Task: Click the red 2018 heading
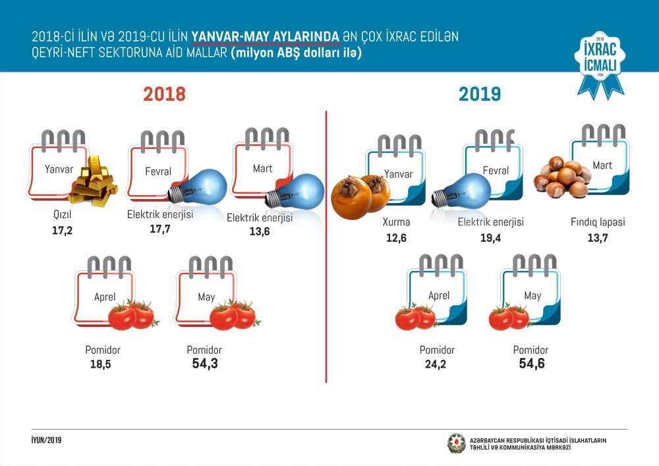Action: click(x=165, y=94)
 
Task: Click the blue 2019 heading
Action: click(x=480, y=94)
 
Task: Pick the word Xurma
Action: click(x=397, y=223)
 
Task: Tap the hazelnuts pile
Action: click(x=561, y=177)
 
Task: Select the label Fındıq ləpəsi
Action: click(x=597, y=223)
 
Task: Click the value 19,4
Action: click(x=490, y=237)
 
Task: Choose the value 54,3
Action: click(x=204, y=364)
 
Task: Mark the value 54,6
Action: click(x=531, y=364)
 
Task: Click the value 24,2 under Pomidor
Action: click(x=436, y=364)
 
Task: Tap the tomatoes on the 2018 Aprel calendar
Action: click(x=131, y=315)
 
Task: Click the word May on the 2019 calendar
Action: click(x=532, y=296)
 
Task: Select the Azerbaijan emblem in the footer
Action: click(x=456, y=444)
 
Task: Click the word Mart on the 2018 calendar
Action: click(x=262, y=169)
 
